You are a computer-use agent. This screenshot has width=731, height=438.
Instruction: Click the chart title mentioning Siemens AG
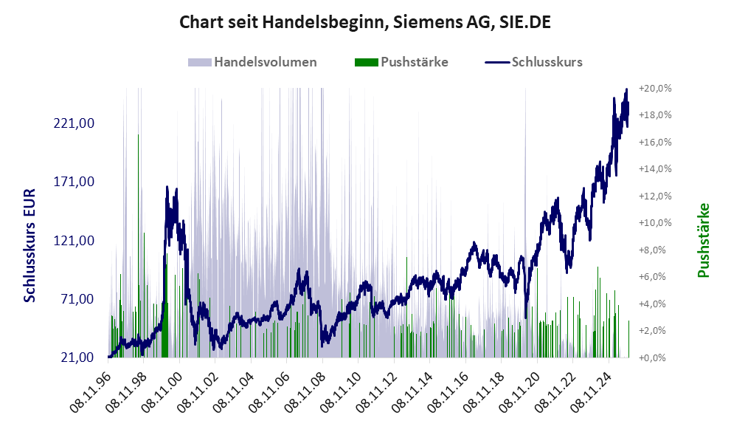(x=365, y=23)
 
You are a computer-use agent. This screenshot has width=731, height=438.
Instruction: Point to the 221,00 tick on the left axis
(x=75, y=123)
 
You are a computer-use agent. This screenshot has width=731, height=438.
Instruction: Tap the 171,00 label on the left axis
(x=75, y=181)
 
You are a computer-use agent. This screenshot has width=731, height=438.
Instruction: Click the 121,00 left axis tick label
(x=75, y=240)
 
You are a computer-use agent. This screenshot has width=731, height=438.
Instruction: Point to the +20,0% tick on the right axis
(x=655, y=88)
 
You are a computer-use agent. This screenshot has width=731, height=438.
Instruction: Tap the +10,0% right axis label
(x=655, y=222)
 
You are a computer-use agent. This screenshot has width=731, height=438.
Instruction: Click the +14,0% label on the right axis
(x=655, y=168)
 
